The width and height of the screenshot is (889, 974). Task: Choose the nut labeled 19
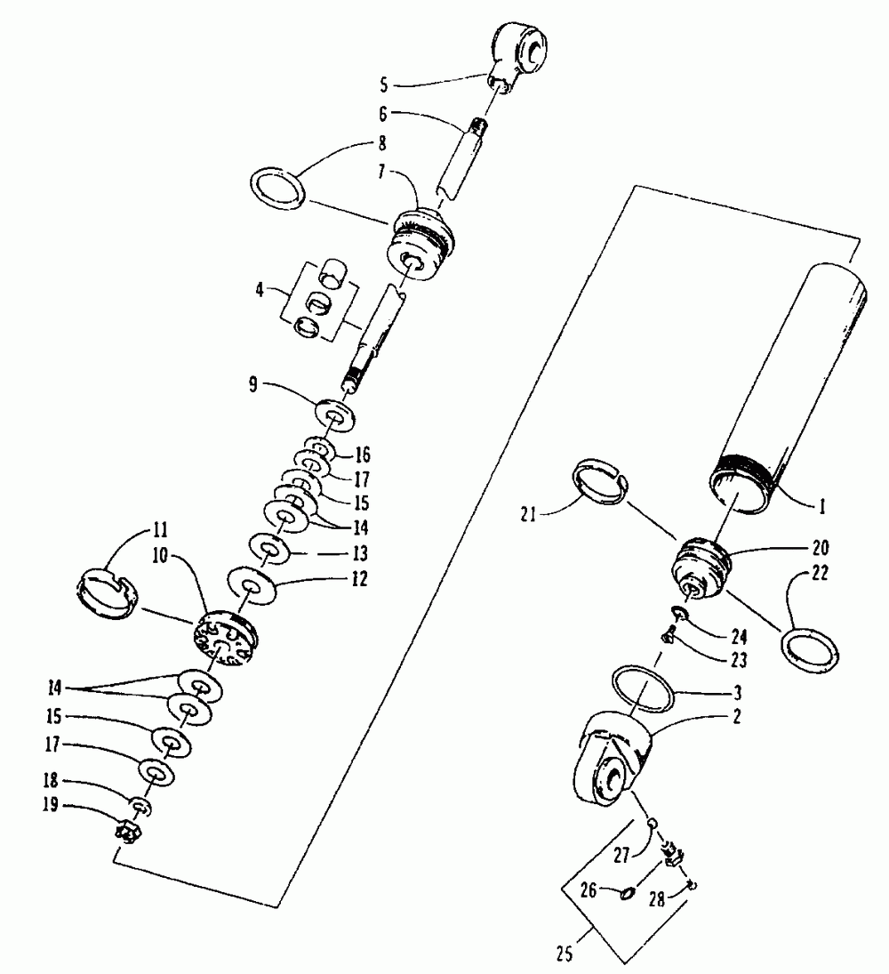point(128,834)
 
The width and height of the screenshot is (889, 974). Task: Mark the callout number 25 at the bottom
point(565,956)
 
